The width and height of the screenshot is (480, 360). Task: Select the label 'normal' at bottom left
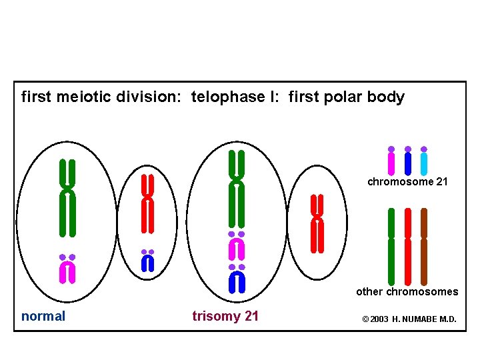(x=43, y=317)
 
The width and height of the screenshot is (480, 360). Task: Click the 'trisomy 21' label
(x=225, y=317)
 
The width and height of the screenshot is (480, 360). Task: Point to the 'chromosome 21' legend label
(x=408, y=182)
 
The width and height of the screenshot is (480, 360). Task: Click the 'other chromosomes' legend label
(x=407, y=291)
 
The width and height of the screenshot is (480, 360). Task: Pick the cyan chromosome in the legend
(x=424, y=162)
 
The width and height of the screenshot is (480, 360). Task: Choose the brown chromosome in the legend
(x=424, y=247)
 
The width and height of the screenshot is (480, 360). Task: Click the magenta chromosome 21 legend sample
(x=391, y=162)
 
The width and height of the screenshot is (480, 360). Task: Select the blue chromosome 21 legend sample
(x=408, y=162)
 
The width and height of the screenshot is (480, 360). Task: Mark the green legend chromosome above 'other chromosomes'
(x=391, y=247)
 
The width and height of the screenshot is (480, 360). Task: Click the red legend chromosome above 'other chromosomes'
(x=408, y=247)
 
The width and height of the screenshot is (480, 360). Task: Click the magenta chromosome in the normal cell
(x=67, y=271)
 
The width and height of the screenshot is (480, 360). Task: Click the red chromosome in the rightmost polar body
(x=317, y=223)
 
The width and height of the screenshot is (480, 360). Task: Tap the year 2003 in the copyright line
(x=379, y=319)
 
